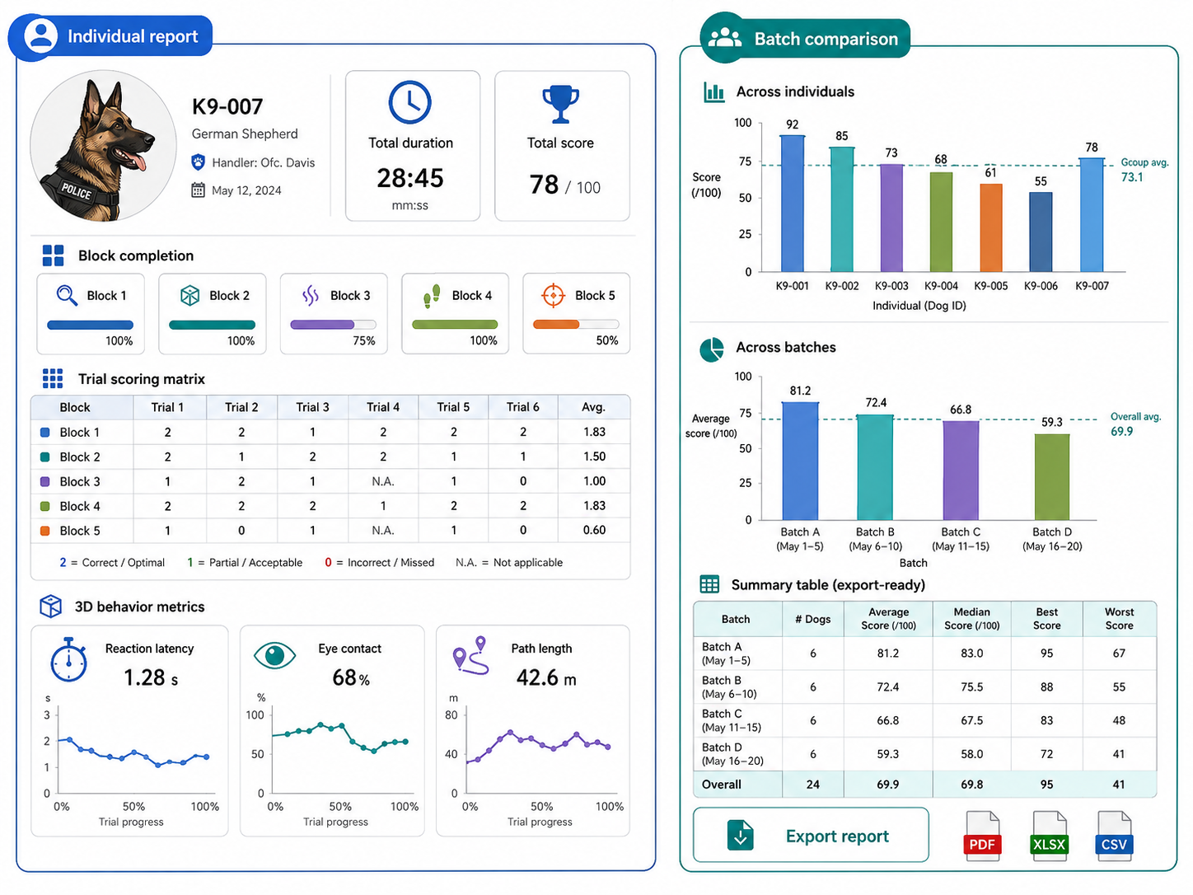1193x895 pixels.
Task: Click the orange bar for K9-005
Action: pyautogui.click(x=991, y=227)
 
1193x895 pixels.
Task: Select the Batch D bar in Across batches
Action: pyautogui.click(x=1051, y=476)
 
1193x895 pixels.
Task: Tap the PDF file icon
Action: pyautogui.click(x=981, y=836)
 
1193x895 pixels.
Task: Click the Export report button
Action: pyautogui.click(x=811, y=835)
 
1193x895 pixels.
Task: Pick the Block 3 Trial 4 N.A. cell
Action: pyautogui.click(x=382, y=481)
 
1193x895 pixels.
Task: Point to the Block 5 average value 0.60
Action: pyautogui.click(x=594, y=530)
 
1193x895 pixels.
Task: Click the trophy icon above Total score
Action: pyautogui.click(x=560, y=104)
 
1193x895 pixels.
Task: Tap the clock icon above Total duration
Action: pyautogui.click(x=409, y=103)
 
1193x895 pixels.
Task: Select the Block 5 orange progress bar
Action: pyautogui.click(x=556, y=325)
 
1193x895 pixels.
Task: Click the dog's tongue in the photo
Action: pyautogui.click(x=135, y=162)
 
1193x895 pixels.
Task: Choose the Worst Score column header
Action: pyautogui.click(x=1119, y=618)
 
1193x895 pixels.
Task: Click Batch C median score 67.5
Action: pyautogui.click(x=971, y=720)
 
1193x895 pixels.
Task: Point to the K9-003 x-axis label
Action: pyautogui.click(x=891, y=286)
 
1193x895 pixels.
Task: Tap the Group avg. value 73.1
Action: pyautogui.click(x=1132, y=177)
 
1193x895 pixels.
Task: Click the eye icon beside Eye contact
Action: pyautogui.click(x=274, y=655)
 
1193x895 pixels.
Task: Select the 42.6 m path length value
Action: pyautogui.click(x=545, y=677)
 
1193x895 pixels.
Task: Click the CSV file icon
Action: pyautogui.click(x=1114, y=836)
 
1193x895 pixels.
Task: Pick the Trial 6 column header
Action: pyautogui.click(x=523, y=407)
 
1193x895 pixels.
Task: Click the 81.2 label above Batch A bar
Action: pyautogui.click(x=800, y=391)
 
